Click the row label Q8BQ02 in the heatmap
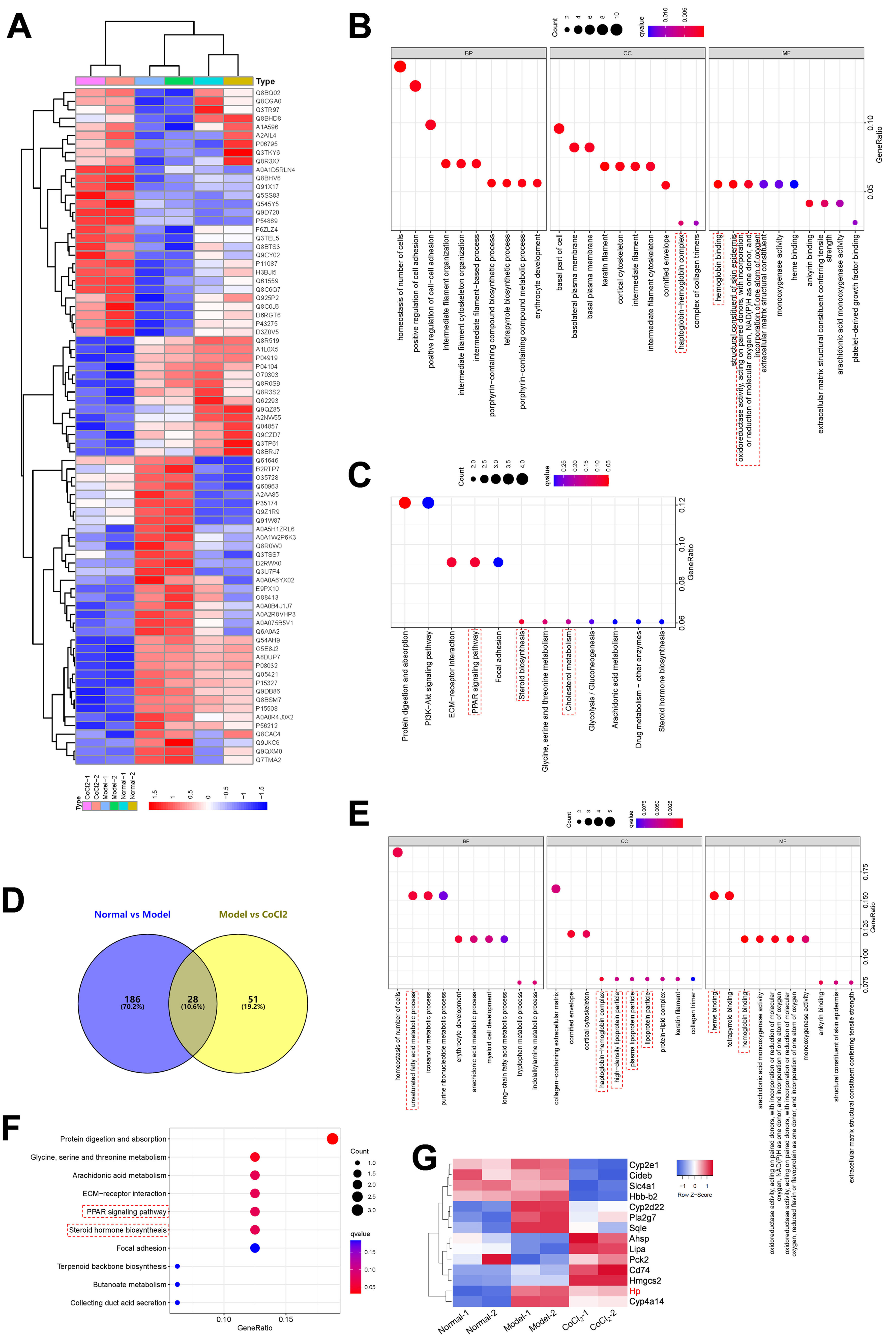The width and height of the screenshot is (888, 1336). (268, 93)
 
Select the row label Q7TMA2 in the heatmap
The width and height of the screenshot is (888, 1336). (268, 760)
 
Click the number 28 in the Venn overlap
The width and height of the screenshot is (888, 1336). (193, 999)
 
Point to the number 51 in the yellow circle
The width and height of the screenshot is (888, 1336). (253, 999)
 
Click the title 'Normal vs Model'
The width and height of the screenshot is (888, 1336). (132, 914)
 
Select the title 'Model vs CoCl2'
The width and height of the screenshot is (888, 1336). (253, 914)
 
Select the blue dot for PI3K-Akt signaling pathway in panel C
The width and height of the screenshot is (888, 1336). (428, 503)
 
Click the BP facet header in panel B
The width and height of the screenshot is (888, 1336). (468, 53)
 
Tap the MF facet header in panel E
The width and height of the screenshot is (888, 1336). (782, 841)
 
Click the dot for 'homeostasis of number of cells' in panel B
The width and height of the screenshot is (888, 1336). (400, 67)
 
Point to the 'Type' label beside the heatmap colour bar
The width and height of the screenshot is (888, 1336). (265, 81)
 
